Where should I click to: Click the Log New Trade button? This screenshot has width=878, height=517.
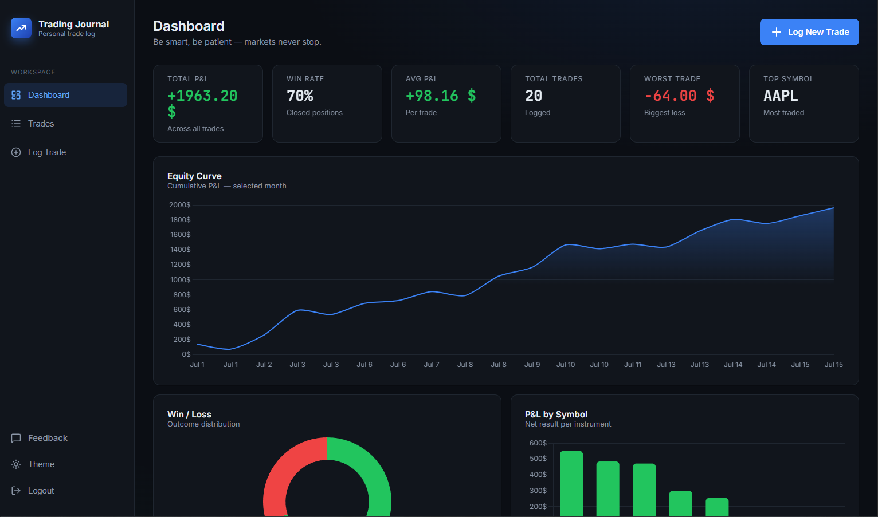[809, 32]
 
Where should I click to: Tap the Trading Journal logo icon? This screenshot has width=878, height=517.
[21, 28]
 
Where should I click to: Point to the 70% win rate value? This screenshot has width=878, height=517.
[300, 96]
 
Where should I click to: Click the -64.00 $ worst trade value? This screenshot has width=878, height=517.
[679, 96]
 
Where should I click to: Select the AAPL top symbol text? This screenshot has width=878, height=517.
[781, 96]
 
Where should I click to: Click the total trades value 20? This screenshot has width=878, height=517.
[534, 96]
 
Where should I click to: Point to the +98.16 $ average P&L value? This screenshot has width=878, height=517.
[441, 96]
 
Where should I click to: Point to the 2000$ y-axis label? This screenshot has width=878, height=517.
[180, 205]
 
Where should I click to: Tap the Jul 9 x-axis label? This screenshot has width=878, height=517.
[532, 365]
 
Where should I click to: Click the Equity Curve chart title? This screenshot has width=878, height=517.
[194, 176]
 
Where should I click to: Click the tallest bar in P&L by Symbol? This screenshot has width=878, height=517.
[571, 484]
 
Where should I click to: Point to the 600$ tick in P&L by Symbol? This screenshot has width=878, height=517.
[538, 443]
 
